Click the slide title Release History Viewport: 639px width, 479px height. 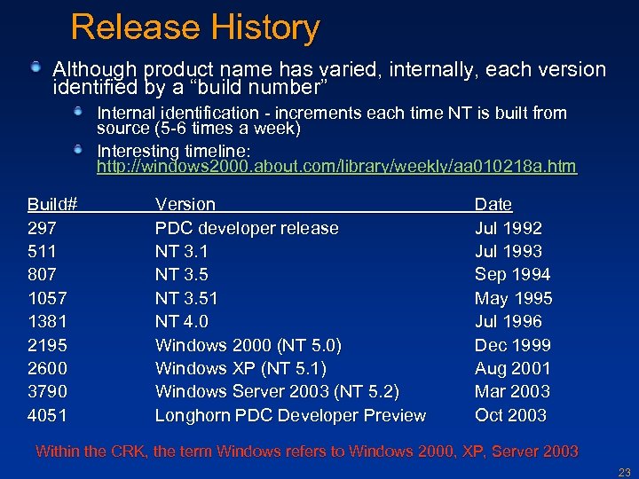[x=194, y=27]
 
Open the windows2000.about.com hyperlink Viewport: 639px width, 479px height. [x=336, y=166]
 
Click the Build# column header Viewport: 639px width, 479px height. [x=52, y=204]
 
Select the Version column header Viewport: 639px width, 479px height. [x=185, y=204]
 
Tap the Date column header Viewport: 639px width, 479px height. [x=493, y=204]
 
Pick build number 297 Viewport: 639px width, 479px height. [x=42, y=228]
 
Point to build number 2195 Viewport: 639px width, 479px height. [x=47, y=345]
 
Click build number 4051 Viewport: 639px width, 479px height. [x=47, y=415]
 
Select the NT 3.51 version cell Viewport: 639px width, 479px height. [x=186, y=298]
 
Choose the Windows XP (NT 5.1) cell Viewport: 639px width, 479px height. [x=241, y=368]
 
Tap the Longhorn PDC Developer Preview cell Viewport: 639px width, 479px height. [x=290, y=415]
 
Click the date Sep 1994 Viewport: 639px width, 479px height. [x=512, y=274]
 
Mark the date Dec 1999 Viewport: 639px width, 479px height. [x=512, y=345]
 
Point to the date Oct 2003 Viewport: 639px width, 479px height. [x=510, y=415]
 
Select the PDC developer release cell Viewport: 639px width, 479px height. [x=247, y=228]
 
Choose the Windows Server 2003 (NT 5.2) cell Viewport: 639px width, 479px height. [x=277, y=391]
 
